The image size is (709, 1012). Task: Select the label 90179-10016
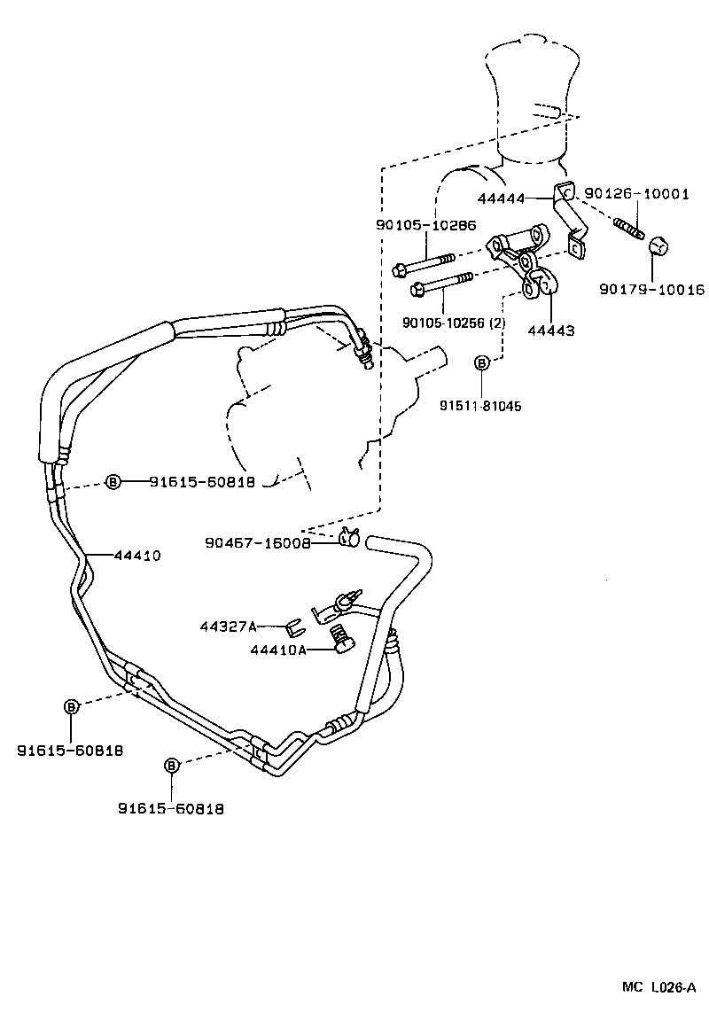(651, 289)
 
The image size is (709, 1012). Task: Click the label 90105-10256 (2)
(453, 323)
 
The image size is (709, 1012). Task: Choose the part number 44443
(550, 331)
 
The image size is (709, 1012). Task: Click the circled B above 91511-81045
(482, 362)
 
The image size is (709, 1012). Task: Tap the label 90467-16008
(257, 543)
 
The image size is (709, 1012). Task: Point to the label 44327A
(228, 627)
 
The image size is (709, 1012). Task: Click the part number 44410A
(277, 650)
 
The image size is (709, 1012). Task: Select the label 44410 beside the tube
(136, 556)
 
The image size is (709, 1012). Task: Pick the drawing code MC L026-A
(659, 986)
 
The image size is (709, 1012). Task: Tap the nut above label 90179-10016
(658, 245)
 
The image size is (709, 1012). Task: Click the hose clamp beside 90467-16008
(349, 537)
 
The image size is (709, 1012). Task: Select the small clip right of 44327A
(295, 629)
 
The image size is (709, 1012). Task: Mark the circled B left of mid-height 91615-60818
(113, 481)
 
